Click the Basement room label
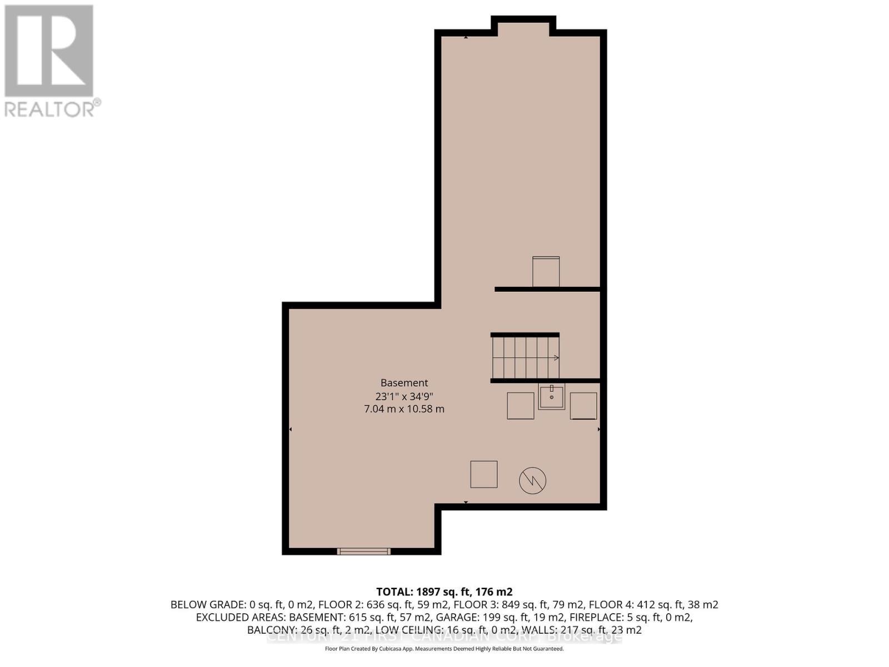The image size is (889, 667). (x=404, y=383)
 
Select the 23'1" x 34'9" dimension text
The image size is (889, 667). (x=404, y=396)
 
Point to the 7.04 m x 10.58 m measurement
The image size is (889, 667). (x=404, y=409)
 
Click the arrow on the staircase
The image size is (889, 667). (x=555, y=357)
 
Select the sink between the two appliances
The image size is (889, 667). (x=551, y=397)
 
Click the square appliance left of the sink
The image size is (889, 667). (x=520, y=406)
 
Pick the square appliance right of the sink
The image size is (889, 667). (x=583, y=406)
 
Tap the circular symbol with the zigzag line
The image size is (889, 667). (x=532, y=480)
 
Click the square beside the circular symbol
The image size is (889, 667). (x=484, y=474)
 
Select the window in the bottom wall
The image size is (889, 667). (x=364, y=551)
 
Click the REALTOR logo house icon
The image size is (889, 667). (x=49, y=51)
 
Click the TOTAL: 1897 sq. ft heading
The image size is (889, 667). (x=444, y=592)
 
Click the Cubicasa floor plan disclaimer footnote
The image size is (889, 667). (x=444, y=649)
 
